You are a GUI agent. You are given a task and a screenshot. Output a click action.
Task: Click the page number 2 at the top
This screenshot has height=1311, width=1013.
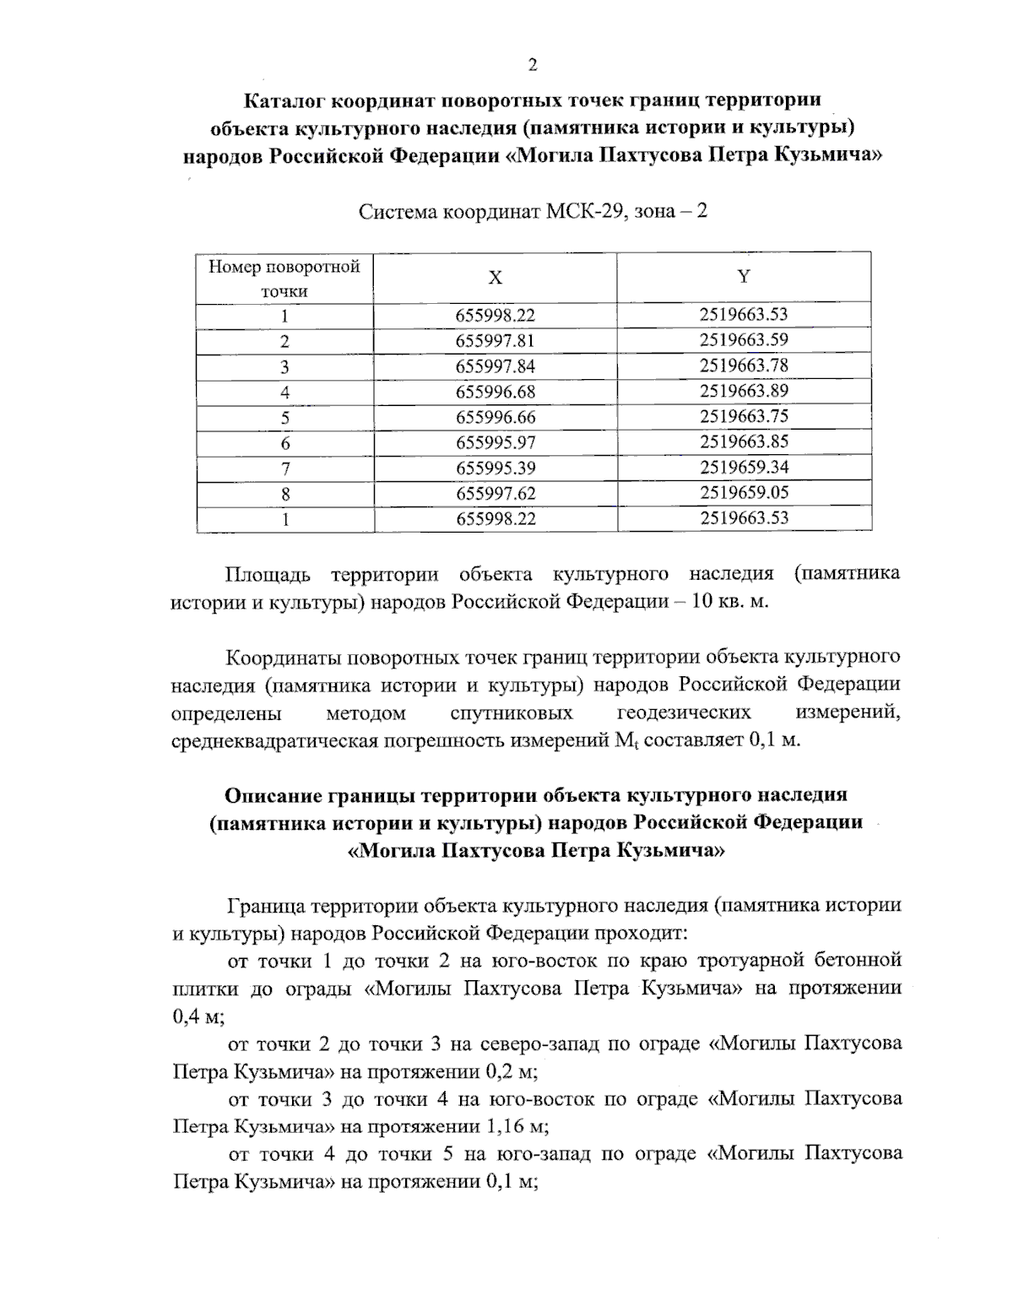tap(532, 66)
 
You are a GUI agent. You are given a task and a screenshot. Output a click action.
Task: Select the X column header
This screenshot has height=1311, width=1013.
tap(496, 278)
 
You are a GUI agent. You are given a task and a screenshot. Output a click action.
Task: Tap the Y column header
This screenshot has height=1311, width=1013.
tap(743, 277)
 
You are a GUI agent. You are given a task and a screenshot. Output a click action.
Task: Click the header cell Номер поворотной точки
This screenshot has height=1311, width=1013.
tap(284, 279)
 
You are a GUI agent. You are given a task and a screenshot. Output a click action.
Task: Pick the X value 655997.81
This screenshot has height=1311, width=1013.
tap(496, 341)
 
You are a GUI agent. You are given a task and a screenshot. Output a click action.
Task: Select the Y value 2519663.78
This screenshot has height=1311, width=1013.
tap(743, 366)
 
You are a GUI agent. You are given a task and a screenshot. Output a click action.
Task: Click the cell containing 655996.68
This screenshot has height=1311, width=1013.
tap(496, 392)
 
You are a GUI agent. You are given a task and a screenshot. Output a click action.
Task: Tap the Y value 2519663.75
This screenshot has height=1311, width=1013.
tap(743, 416)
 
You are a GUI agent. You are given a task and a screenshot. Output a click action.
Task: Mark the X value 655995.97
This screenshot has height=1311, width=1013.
tap(496, 442)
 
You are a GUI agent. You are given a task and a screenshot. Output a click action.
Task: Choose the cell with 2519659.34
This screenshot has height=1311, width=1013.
tap(743, 467)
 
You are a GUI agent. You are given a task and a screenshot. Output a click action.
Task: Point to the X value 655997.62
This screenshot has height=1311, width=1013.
tap(496, 493)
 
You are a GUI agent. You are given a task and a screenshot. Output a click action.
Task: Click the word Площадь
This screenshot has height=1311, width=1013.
tap(268, 575)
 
